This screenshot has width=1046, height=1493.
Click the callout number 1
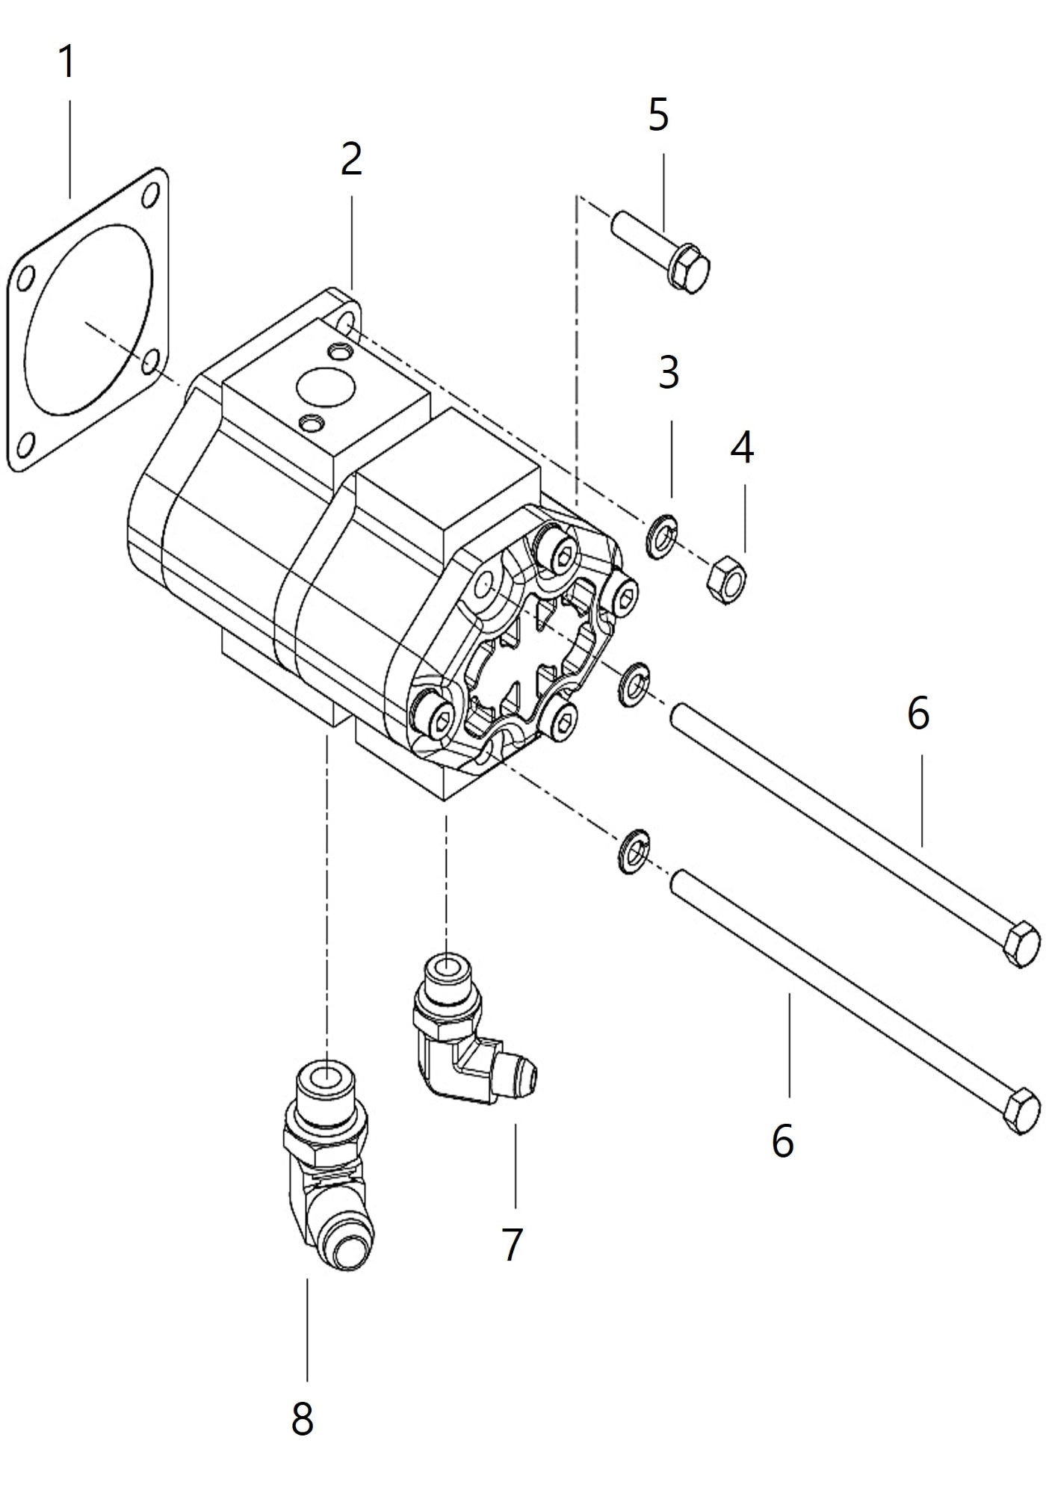pos(67,62)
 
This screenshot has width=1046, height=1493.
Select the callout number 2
pos(351,159)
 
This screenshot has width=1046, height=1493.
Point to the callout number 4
pos(742,448)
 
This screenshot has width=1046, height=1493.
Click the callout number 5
pos(658,114)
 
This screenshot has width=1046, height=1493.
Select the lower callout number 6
pos(782,1141)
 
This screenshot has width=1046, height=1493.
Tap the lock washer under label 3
pos(661,537)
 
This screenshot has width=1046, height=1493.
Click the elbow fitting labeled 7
pos(463,1039)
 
